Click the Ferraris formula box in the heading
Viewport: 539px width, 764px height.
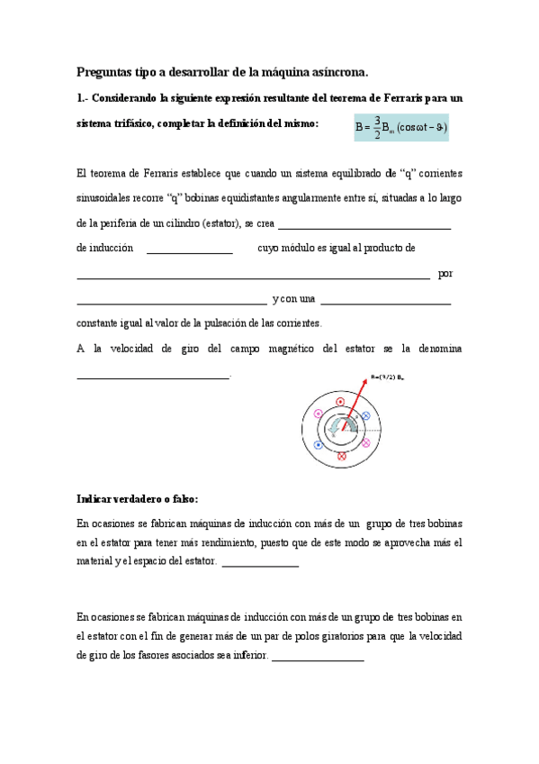point(400,127)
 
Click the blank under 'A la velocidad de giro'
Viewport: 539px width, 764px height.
point(153,376)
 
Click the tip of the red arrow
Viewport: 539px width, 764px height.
point(366,381)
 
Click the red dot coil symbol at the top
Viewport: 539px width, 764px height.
point(340,400)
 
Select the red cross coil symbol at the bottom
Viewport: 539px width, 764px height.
point(341,457)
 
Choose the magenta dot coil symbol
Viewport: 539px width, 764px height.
point(317,414)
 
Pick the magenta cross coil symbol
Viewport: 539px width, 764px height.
point(365,443)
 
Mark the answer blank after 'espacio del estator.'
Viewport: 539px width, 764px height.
point(259,565)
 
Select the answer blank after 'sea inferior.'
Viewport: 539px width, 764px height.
point(318,660)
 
